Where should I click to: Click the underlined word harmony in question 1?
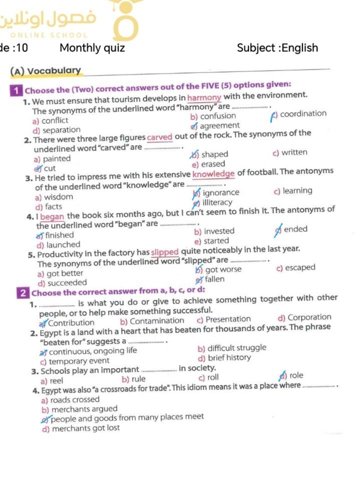pos(204,97)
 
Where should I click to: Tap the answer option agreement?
pos(219,126)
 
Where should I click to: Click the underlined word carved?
pos(160,137)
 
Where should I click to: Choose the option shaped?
pos(214,154)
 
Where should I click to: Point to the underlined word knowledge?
pos(214,174)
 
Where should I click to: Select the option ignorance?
pos(221,192)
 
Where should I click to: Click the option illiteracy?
pos(217,202)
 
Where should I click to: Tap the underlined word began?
pos(53,217)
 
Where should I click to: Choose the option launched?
pos(63,245)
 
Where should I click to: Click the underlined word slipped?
pos(165,252)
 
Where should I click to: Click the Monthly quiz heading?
pos(92,48)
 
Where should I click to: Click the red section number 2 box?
pos(23,293)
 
